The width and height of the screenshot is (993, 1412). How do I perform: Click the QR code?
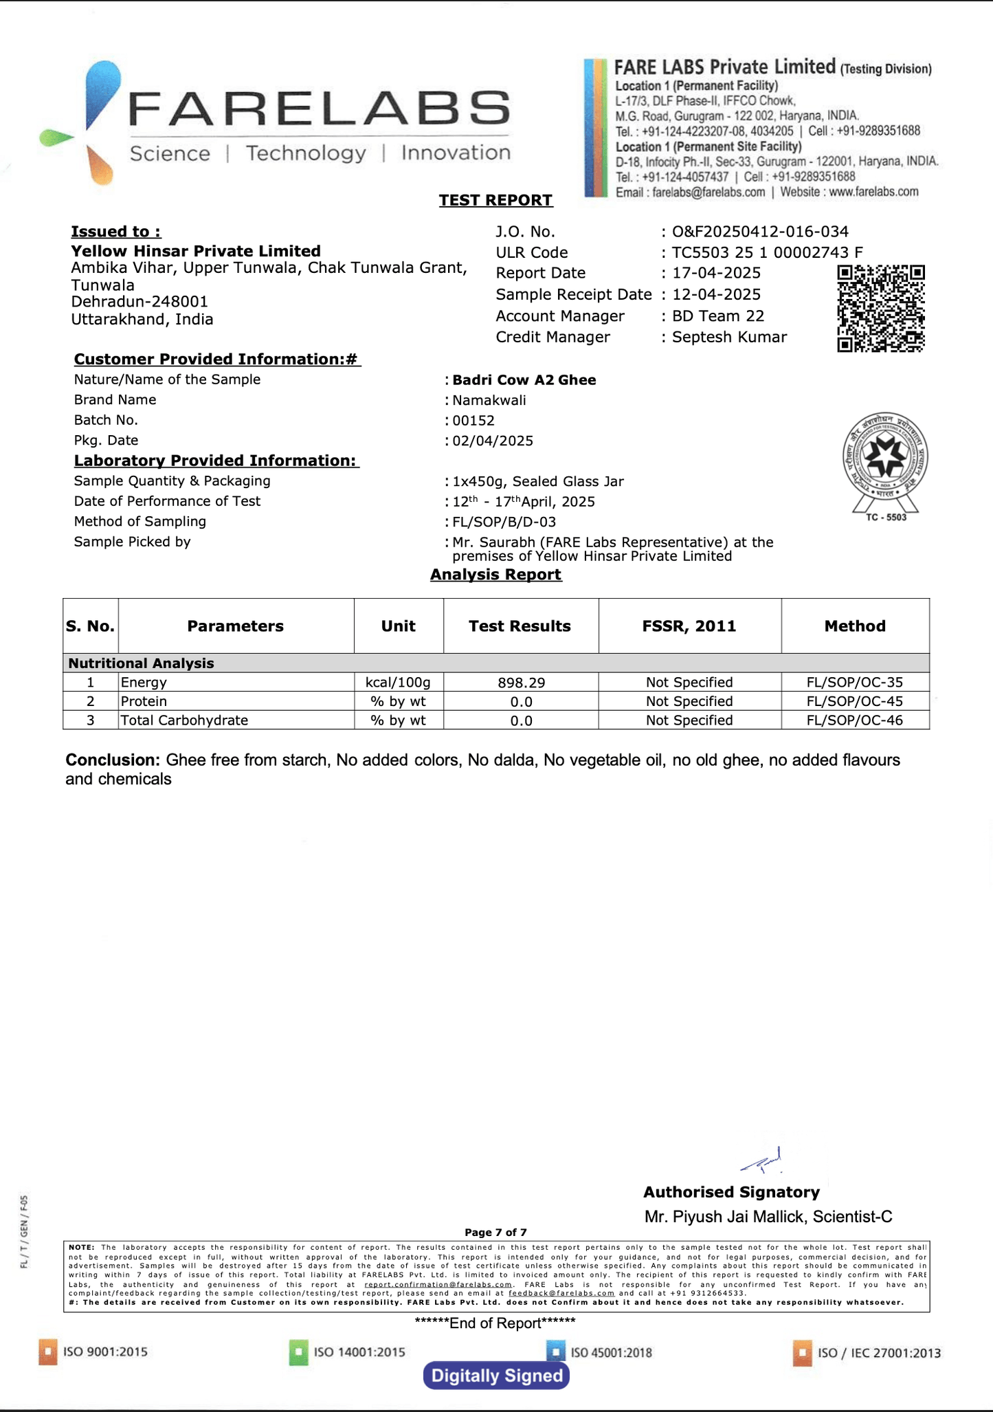click(x=880, y=309)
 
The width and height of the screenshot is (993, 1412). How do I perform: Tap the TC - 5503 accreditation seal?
click(x=885, y=467)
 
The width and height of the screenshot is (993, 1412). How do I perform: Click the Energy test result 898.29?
click(x=521, y=683)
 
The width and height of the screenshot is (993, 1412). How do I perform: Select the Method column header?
click(x=855, y=626)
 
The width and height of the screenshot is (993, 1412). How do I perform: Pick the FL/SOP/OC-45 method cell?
click(x=854, y=702)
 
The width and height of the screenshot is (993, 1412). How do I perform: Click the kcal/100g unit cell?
click(x=398, y=683)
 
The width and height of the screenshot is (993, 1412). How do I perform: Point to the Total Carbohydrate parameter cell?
click(x=184, y=720)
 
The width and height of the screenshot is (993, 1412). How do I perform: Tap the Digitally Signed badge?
click(x=496, y=1376)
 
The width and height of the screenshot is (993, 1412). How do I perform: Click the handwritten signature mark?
click(x=763, y=1161)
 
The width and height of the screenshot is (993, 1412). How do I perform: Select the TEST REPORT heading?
click(x=495, y=200)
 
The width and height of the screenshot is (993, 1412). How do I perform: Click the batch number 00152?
click(x=473, y=421)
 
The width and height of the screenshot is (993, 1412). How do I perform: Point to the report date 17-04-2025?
click(x=716, y=273)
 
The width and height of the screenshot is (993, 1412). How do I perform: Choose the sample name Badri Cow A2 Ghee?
click(x=524, y=380)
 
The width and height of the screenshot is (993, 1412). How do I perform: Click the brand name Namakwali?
click(x=489, y=400)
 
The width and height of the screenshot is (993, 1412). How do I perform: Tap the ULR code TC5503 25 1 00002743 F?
click(x=767, y=252)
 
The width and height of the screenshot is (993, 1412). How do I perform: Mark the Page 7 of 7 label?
click(x=495, y=1233)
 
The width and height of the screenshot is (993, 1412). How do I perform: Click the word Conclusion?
click(x=113, y=760)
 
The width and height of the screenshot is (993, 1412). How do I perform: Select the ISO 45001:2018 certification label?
click(x=610, y=1353)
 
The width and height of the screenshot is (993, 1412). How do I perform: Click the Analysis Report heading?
click(x=495, y=575)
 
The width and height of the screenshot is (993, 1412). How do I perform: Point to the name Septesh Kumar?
click(x=729, y=337)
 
